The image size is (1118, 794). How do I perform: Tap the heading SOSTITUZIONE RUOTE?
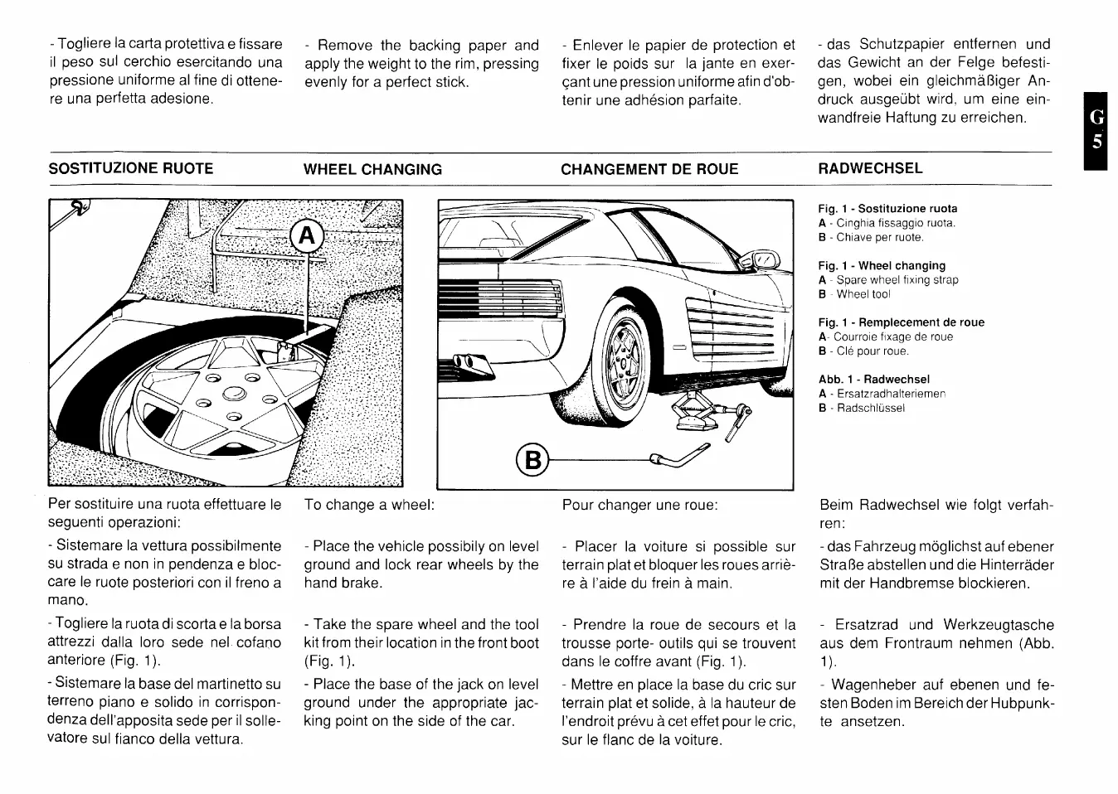(131, 168)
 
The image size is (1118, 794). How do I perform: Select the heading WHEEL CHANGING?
(372, 169)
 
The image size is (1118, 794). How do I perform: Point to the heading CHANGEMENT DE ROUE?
(649, 169)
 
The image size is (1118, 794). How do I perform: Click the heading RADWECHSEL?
(870, 168)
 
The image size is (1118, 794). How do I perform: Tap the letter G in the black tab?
(1096, 117)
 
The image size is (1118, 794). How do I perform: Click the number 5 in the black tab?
(1096, 142)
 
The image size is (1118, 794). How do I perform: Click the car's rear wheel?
(623, 360)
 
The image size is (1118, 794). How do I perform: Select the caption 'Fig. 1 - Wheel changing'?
(882, 266)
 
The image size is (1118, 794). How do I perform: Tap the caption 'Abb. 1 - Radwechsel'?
(874, 380)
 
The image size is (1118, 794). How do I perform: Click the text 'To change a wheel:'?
(369, 505)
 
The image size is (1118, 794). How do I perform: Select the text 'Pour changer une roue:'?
(639, 505)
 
